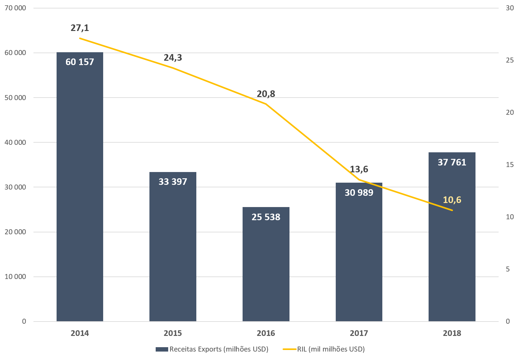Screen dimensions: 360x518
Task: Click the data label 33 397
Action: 173,182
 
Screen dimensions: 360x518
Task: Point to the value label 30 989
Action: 359,193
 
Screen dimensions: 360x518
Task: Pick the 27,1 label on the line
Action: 80,28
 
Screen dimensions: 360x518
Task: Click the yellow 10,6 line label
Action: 452,200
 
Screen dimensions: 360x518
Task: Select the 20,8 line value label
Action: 266,94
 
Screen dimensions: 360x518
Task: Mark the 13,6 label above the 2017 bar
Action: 359,169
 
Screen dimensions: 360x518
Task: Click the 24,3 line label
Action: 173,58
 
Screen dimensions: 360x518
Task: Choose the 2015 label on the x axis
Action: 173,333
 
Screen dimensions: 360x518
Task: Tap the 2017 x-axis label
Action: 359,333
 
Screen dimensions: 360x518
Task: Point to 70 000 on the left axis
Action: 15,8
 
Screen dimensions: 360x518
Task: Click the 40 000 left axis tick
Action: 15,142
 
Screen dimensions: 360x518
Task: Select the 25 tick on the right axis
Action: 510,60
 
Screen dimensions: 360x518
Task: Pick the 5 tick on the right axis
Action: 508,269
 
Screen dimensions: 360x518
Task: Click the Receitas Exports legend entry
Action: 219,349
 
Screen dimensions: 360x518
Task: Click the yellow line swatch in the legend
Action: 289,349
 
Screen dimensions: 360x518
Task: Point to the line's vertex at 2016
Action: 266,104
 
